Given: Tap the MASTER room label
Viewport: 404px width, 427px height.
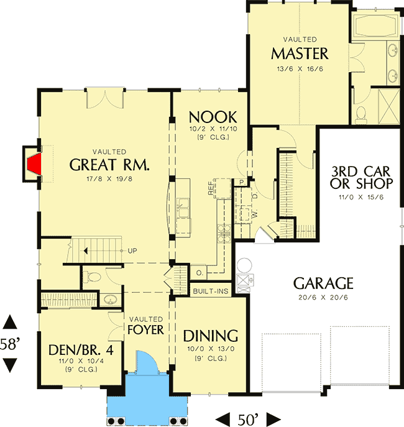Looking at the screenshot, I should tap(300, 52).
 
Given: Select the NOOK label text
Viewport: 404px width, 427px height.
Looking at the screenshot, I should tap(213, 117).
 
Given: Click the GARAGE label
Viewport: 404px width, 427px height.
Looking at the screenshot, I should tap(323, 284).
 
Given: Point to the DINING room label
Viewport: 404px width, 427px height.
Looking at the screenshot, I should tap(211, 336).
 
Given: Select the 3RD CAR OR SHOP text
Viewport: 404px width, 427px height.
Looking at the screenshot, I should tap(362, 177).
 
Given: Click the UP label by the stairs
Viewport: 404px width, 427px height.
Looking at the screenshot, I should tap(132, 251).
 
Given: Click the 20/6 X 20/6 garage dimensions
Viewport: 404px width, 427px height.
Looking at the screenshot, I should tap(323, 300).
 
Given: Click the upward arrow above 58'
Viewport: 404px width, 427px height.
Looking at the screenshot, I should tap(10, 323).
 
